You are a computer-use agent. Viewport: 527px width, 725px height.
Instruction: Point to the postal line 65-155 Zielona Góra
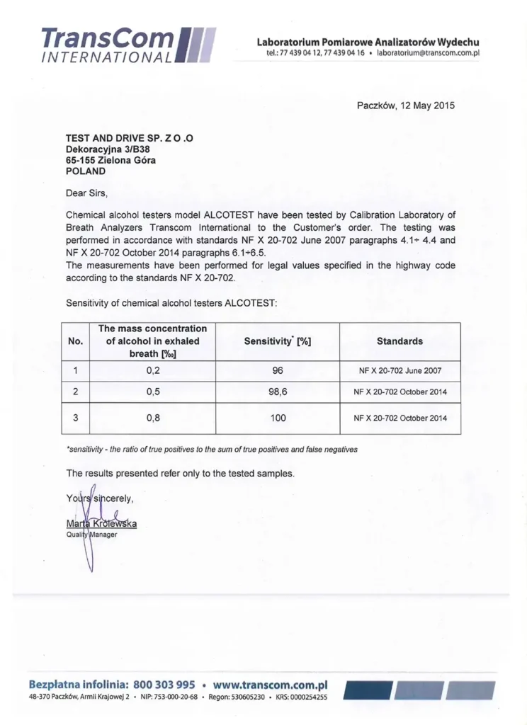pyautogui.click(x=111, y=160)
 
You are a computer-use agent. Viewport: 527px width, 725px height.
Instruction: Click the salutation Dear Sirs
pyautogui.click(x=87, y=192)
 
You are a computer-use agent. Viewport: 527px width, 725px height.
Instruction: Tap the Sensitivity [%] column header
pyautogui.click(x=278, y=341)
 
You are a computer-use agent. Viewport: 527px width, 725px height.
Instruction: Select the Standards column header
pyautogui.click(x=399, y=341)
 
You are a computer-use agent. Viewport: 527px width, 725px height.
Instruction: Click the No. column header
pyautogui.click(x=75, y=341)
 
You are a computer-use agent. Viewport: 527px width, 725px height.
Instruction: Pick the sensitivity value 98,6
pyautogui.click(x=278, y=390)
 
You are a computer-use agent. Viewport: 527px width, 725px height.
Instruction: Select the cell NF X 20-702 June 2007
pyautogui.click(x=400, y=370)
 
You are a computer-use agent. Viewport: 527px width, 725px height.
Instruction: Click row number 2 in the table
pyautogui.click(x=75, y=390)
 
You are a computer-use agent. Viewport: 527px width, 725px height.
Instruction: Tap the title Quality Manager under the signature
pyautogui.click(x=91, y=535)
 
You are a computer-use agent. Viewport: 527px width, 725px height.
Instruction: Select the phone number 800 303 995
pyautogui.click(x=164, y=685)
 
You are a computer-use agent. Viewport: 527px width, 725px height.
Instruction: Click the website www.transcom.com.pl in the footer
pyautogui.click(x=270, y=685)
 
